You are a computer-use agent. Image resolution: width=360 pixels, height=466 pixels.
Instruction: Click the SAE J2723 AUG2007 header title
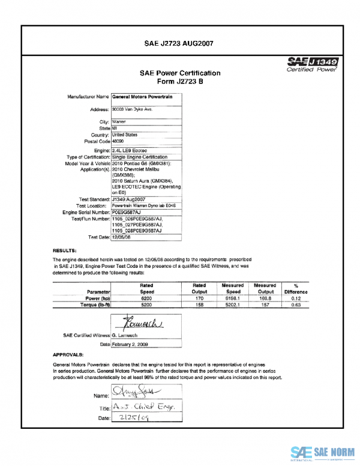coord(179,43)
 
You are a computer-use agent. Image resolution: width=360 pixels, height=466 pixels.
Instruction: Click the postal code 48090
coord(119,141)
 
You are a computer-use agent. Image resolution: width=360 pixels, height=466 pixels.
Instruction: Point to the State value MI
coord(115,128)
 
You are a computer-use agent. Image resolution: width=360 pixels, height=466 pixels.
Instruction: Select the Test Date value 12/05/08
coord(122,237)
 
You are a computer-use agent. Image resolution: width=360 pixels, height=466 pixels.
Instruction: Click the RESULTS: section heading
coord(64,249)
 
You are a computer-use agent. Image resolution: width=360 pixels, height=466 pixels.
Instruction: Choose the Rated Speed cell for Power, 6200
coord(146,298)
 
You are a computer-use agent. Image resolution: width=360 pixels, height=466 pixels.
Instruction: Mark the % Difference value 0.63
coord(296,304)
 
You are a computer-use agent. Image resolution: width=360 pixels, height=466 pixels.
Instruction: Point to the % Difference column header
coord(296,288)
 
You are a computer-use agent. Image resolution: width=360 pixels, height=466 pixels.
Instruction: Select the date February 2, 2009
coord(130,344)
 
